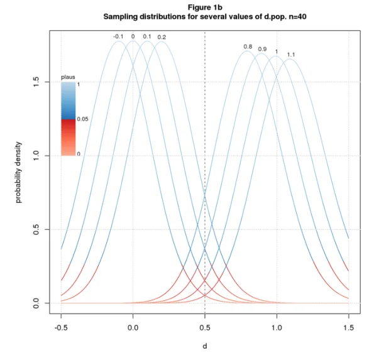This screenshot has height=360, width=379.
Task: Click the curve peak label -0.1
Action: tap(118, 36)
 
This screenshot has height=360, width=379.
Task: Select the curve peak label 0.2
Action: tap(162, 36)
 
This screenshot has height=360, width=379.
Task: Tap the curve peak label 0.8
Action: tap(248, 46)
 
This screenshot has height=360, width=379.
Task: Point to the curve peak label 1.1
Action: tap(291, 55)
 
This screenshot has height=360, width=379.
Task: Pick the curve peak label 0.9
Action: tap(262, 48)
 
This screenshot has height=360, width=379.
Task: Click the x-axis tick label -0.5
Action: tap(61, 327)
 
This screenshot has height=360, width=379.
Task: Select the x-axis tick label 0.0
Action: tap(133, 327)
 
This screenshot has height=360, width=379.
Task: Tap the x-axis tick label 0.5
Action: tap(205, 327)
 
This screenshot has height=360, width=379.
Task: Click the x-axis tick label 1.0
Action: tap(277, 327)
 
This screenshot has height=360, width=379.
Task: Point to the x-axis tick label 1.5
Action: tap(348, 327)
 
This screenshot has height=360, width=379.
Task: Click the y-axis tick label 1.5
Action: tap(37, 82)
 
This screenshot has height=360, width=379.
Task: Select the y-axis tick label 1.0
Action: tap(37, 155)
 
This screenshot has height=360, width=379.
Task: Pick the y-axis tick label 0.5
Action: tap(37, 229)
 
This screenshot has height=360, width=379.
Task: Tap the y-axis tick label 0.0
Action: tap(37, 303)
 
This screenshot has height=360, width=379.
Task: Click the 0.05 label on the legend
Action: tap(82, 119)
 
